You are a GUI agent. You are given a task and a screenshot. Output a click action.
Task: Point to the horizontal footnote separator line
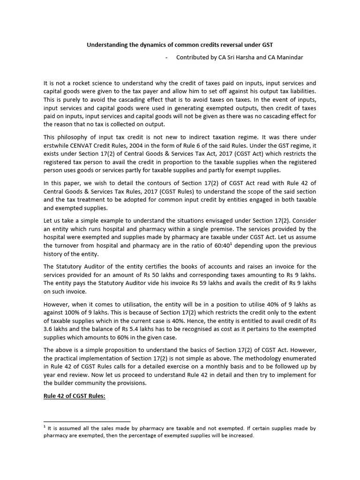pos(87,422)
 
